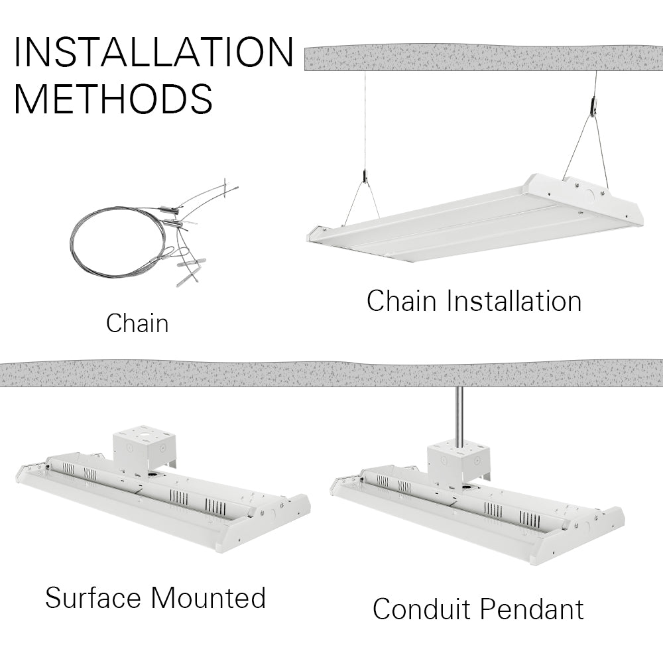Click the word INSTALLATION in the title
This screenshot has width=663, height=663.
[x=153, y=52]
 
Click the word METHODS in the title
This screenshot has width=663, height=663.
[x=113, y=98]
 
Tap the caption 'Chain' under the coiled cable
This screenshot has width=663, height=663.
[x=137, y=324]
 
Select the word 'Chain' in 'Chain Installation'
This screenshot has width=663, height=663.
[x=402, y=300]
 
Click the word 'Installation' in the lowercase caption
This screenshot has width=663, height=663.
[x=514, y=300]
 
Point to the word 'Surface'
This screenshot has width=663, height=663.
[x=93, y=597]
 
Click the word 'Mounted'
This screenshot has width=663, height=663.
[x=208, y=597]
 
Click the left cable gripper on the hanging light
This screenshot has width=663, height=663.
[x=364, y=176]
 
